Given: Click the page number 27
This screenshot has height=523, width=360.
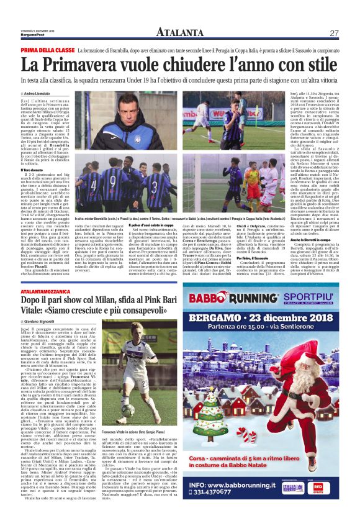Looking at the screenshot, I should tap(333, 32).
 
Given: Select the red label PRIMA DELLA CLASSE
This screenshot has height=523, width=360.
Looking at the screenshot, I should tap(48, 49).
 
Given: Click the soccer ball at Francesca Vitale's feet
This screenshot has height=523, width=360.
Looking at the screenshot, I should tap(127, 410).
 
